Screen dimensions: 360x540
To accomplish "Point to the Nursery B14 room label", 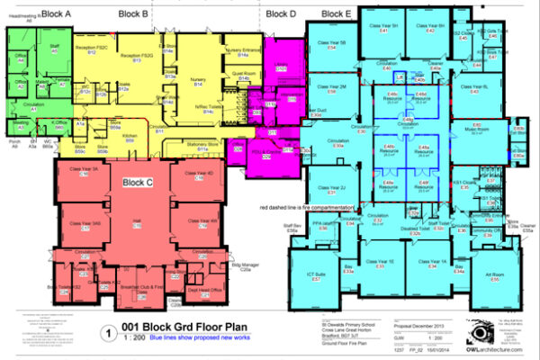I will [x=195, y=82].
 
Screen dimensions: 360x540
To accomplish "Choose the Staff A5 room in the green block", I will [x=54, y=48].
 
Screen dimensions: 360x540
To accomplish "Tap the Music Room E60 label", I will [x=477, y=128].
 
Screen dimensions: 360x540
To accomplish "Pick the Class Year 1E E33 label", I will [x=381, y=263].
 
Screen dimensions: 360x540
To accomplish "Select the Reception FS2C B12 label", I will [x=91, y=49].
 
